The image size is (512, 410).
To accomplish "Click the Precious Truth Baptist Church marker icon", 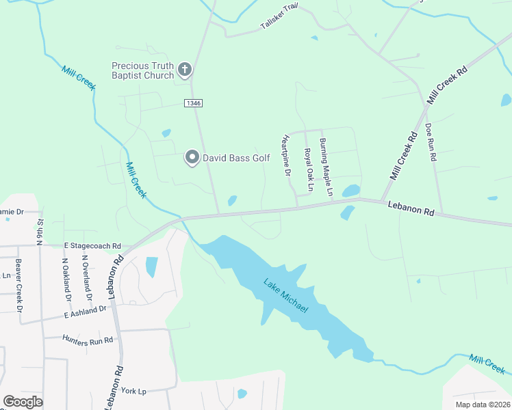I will [x=184, y=69].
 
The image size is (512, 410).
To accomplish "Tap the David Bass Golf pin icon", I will [x=192, y=158].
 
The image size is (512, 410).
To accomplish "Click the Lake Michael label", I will [x=286, y=295].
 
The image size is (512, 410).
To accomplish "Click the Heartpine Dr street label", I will [x=286, y=156].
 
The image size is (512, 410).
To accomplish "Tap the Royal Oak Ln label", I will [x=309, y=169].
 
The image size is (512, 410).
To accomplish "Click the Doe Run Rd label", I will [x=431, y=141].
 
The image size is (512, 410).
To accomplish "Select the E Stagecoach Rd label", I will [x=92, y=246].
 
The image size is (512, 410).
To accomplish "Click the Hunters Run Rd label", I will [x=87, y=339].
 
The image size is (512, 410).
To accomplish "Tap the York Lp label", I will [x=133, y=392].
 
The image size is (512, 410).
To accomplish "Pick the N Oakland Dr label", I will [x=66, y=279].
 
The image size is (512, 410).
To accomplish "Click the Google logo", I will [x=23, y=402].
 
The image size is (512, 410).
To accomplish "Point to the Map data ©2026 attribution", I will [x=483, y=405].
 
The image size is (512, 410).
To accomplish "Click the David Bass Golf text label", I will [x=236, y=158].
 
